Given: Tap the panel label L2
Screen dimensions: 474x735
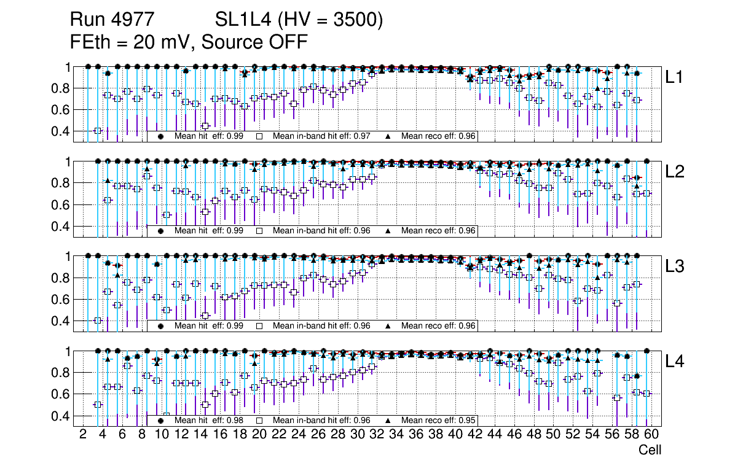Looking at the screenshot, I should click(675, 172).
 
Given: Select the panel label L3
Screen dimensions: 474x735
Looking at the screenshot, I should click(675, 266).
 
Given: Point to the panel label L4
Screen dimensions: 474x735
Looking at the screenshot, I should click(675, 362).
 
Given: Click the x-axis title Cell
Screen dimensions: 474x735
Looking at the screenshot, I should click(650, 450).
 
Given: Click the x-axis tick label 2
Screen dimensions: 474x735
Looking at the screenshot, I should click(83, 435).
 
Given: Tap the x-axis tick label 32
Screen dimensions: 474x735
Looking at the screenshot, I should click(377, 435).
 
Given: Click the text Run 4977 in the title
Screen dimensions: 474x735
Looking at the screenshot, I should click(116, 20).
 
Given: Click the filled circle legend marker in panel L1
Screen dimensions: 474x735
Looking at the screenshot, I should click(161, 136).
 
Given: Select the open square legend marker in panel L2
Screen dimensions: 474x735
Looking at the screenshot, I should click(259, 231).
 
